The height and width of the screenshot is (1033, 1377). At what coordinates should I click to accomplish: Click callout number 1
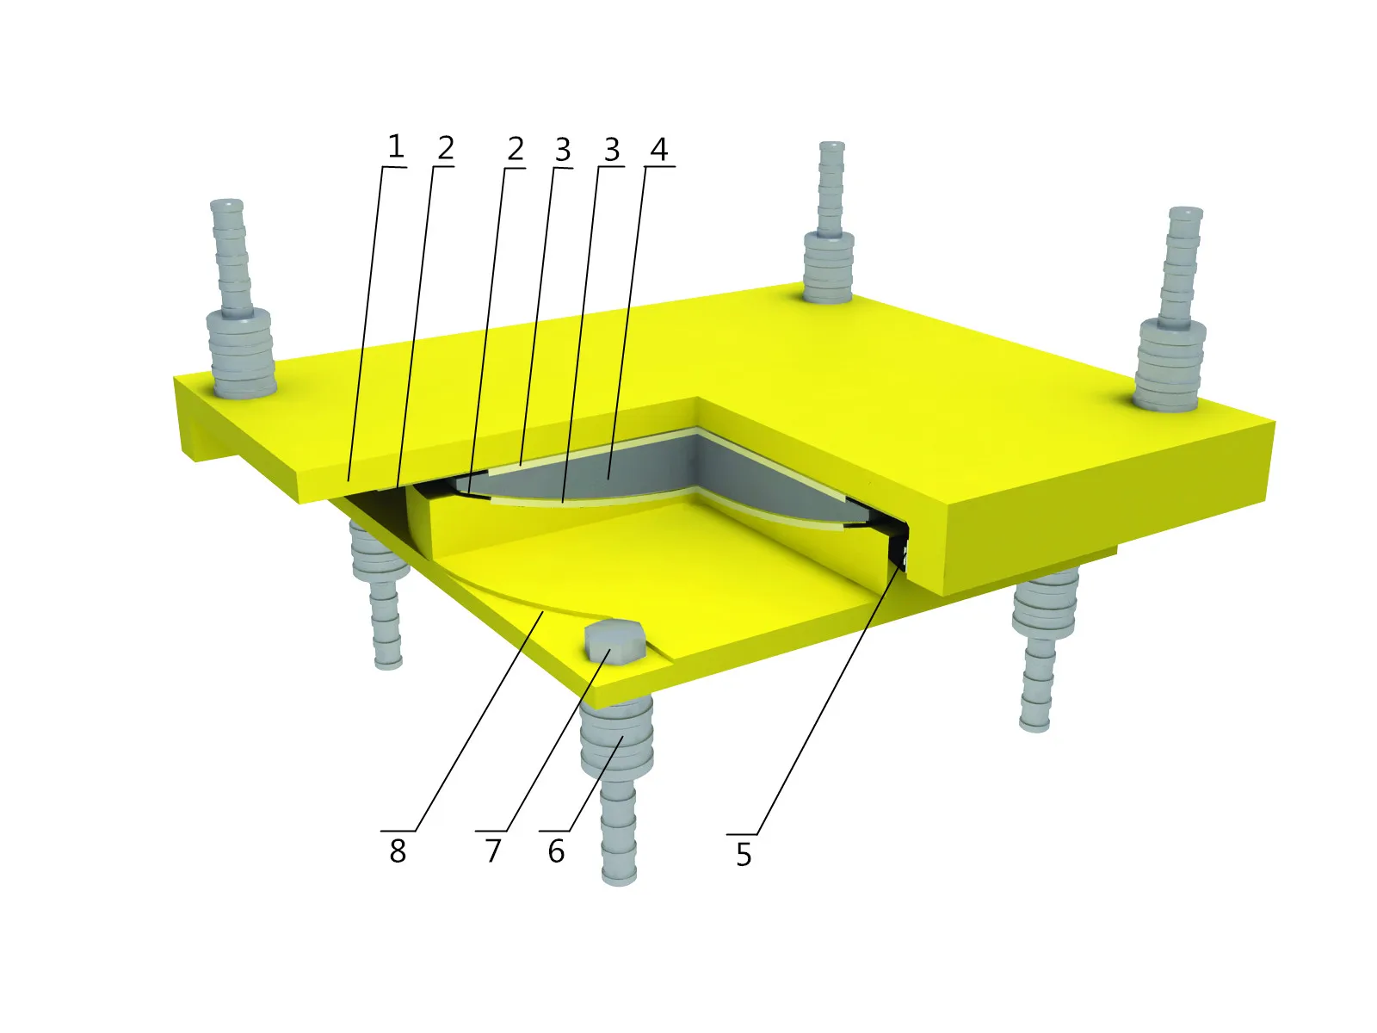pyautogui.click(x=395, y=146)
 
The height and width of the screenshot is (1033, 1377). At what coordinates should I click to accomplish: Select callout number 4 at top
pyautogui.click(x=658, y=149)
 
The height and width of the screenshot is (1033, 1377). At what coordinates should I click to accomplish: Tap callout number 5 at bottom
pyautogui.click(x=744, y=855)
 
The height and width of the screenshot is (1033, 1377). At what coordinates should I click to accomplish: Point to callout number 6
pyautogui.click(x=556, y=851)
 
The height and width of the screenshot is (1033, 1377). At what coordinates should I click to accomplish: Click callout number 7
pyautogui.click(x=493, y=851)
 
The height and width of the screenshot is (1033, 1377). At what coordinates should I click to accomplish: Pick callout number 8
pyautogui.click(x=397, y=851)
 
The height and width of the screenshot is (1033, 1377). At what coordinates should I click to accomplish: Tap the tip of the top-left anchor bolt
pyautogui.click(x=226, y=206)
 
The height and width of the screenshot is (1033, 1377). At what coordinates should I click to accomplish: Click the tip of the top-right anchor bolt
pyautogui.click(x=1185, y=212)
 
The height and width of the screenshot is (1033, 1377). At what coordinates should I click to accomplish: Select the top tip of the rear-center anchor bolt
pyautogui.click(x=831, y=146)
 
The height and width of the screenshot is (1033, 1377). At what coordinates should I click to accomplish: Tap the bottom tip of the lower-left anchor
pyautogui.click(x=388, y=662)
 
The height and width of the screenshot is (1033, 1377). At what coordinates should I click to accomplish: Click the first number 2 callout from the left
pyautogui.click(x=445, y=148)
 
